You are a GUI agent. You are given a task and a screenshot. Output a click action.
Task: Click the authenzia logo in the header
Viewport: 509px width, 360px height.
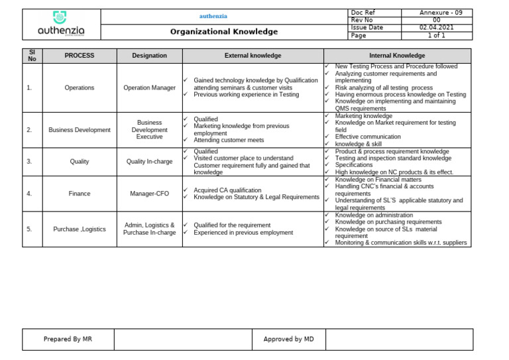pyautogui.click(x=61, y=25)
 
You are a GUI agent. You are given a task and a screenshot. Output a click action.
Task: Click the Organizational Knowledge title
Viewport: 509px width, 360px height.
pyautogui.click(x=224, y=32)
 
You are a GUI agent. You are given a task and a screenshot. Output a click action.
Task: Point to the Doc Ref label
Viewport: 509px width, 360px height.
pyautogui.click(x=363, y=13)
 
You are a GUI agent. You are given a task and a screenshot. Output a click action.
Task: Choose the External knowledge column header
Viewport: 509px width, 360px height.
pyautogui.click(x=253, y=56)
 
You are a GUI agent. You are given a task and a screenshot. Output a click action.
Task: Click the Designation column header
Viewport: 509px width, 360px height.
pyautogui.click(x=149, y=56)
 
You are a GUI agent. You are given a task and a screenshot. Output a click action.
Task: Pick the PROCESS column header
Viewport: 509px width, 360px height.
pyautogui.click(x=79, y=56)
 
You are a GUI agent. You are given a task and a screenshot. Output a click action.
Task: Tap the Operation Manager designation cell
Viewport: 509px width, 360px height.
pyautogui.click(x=149, y=88)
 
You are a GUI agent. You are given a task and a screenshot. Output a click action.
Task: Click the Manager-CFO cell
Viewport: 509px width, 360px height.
pyautogui.click(x=149, y=194)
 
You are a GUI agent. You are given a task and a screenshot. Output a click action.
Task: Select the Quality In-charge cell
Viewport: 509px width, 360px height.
pyautogui.click(x=149, y=161)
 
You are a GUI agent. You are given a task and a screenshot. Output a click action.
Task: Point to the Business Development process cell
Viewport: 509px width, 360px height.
pyautogui.click(x=79, y=130)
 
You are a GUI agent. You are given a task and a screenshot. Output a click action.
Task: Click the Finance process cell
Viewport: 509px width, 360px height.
pyautogui.click(x=79, y=194)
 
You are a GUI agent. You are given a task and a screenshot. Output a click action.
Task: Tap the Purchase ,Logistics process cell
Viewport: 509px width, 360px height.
pyautogui.click(x=79, y=229)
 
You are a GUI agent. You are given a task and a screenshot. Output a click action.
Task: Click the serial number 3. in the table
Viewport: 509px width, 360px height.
pyautogui.click(x=29, y=161)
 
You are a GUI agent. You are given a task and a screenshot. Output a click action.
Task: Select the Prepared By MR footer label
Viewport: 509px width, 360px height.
pyautogui.click(x=68, y=339)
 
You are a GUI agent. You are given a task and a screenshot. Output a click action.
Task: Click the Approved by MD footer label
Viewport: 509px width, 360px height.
pyautogui.click(x=288, y=339)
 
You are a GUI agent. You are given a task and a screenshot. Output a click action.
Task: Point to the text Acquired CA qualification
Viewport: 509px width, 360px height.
pyautogui.click(x=227, y=190)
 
